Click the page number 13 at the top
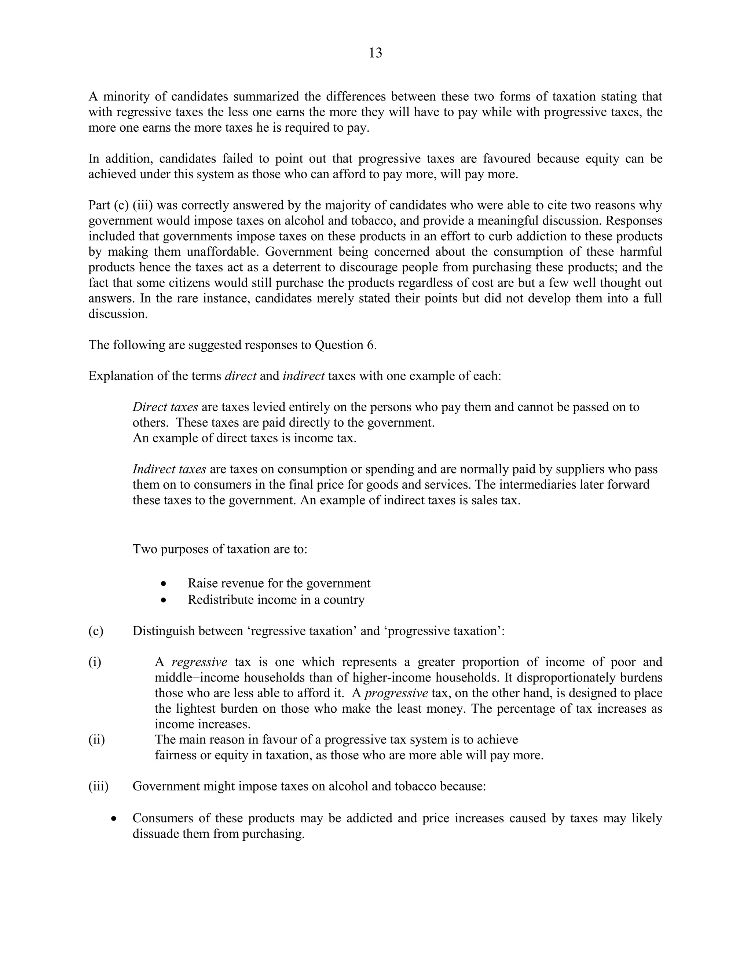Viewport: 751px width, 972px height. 375,53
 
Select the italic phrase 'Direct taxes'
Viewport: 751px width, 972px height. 165,407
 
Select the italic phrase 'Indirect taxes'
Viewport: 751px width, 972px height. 169,469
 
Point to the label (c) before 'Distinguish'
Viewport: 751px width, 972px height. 96,631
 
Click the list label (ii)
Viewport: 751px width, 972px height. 96,740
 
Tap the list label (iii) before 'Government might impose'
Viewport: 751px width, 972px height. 98,786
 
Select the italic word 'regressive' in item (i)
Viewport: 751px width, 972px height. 199,662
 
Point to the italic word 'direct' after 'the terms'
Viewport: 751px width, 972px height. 240,376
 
